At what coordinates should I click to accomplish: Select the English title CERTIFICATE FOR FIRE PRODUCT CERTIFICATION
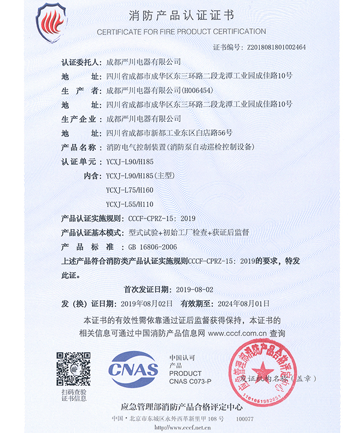[181, 32]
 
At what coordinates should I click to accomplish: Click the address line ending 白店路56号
[169, 133]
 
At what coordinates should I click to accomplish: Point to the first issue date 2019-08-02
[194, 289]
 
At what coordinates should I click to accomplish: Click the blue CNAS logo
[133, 369]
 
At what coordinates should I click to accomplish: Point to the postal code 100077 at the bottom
[245, 419]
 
